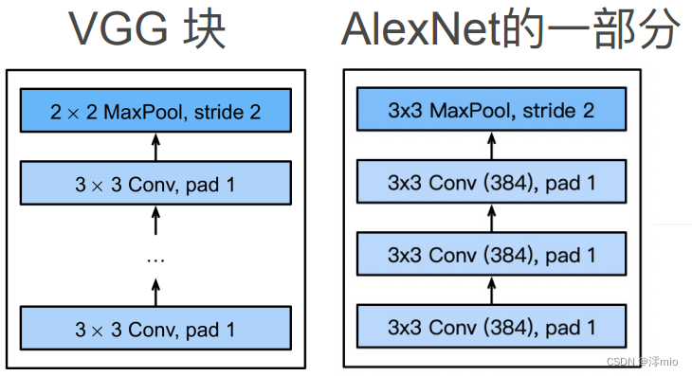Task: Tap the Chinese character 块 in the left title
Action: pos(204,30)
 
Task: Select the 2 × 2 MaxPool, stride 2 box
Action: pos(155,112)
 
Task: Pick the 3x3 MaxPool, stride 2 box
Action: pos(491,110)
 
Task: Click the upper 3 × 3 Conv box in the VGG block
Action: pos(155,182)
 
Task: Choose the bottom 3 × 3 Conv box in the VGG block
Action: pos(155,329)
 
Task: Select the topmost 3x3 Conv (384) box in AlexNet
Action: pos(491,182)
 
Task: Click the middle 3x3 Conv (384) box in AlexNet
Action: pos(491,255)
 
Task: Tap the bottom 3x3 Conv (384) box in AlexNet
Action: pos(491,328)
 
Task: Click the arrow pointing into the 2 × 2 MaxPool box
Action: pos(155,147)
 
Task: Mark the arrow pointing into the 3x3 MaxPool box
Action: pos(491,146)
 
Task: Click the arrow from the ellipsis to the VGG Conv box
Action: pos(155,220)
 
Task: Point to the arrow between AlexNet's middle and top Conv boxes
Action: pos(491,218)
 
